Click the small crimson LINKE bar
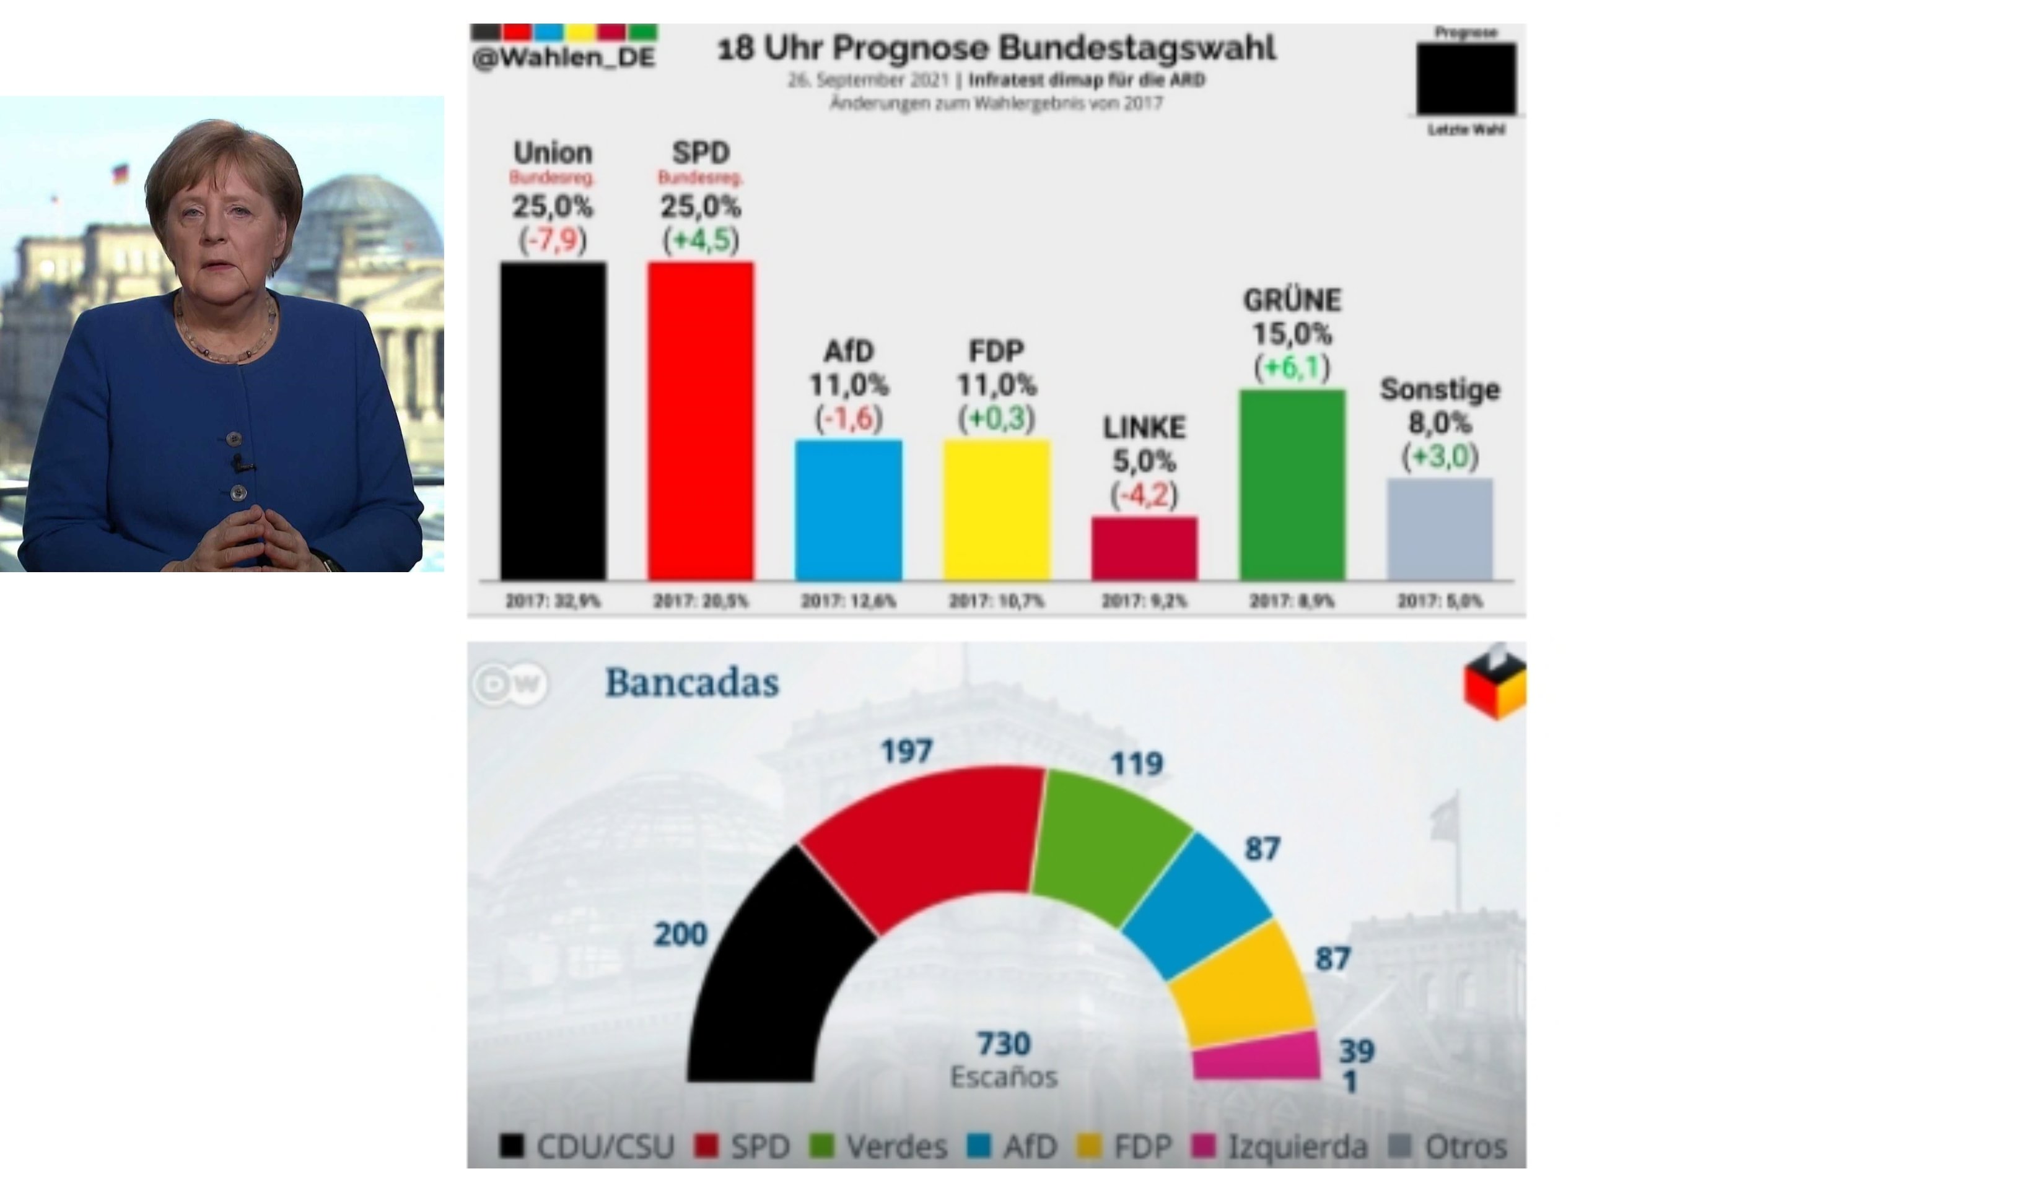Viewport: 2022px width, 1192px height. point(1144,548)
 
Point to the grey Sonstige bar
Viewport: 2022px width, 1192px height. point(1440,529)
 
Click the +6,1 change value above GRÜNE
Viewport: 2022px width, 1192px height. point(1292,367)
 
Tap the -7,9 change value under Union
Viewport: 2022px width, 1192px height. point(553,240)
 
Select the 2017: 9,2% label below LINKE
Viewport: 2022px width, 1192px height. point(1144,601)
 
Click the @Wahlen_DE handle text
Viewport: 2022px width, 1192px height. point(564,58)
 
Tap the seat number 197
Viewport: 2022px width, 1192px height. point(906,752)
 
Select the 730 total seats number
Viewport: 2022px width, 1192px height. point(1004,1043)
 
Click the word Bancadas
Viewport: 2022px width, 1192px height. point(692,683)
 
